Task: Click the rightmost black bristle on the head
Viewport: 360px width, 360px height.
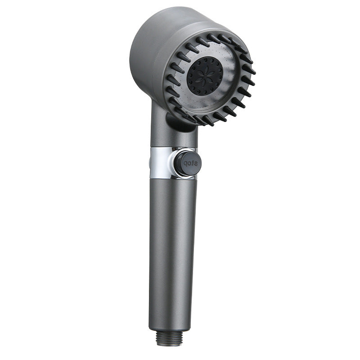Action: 250,71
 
